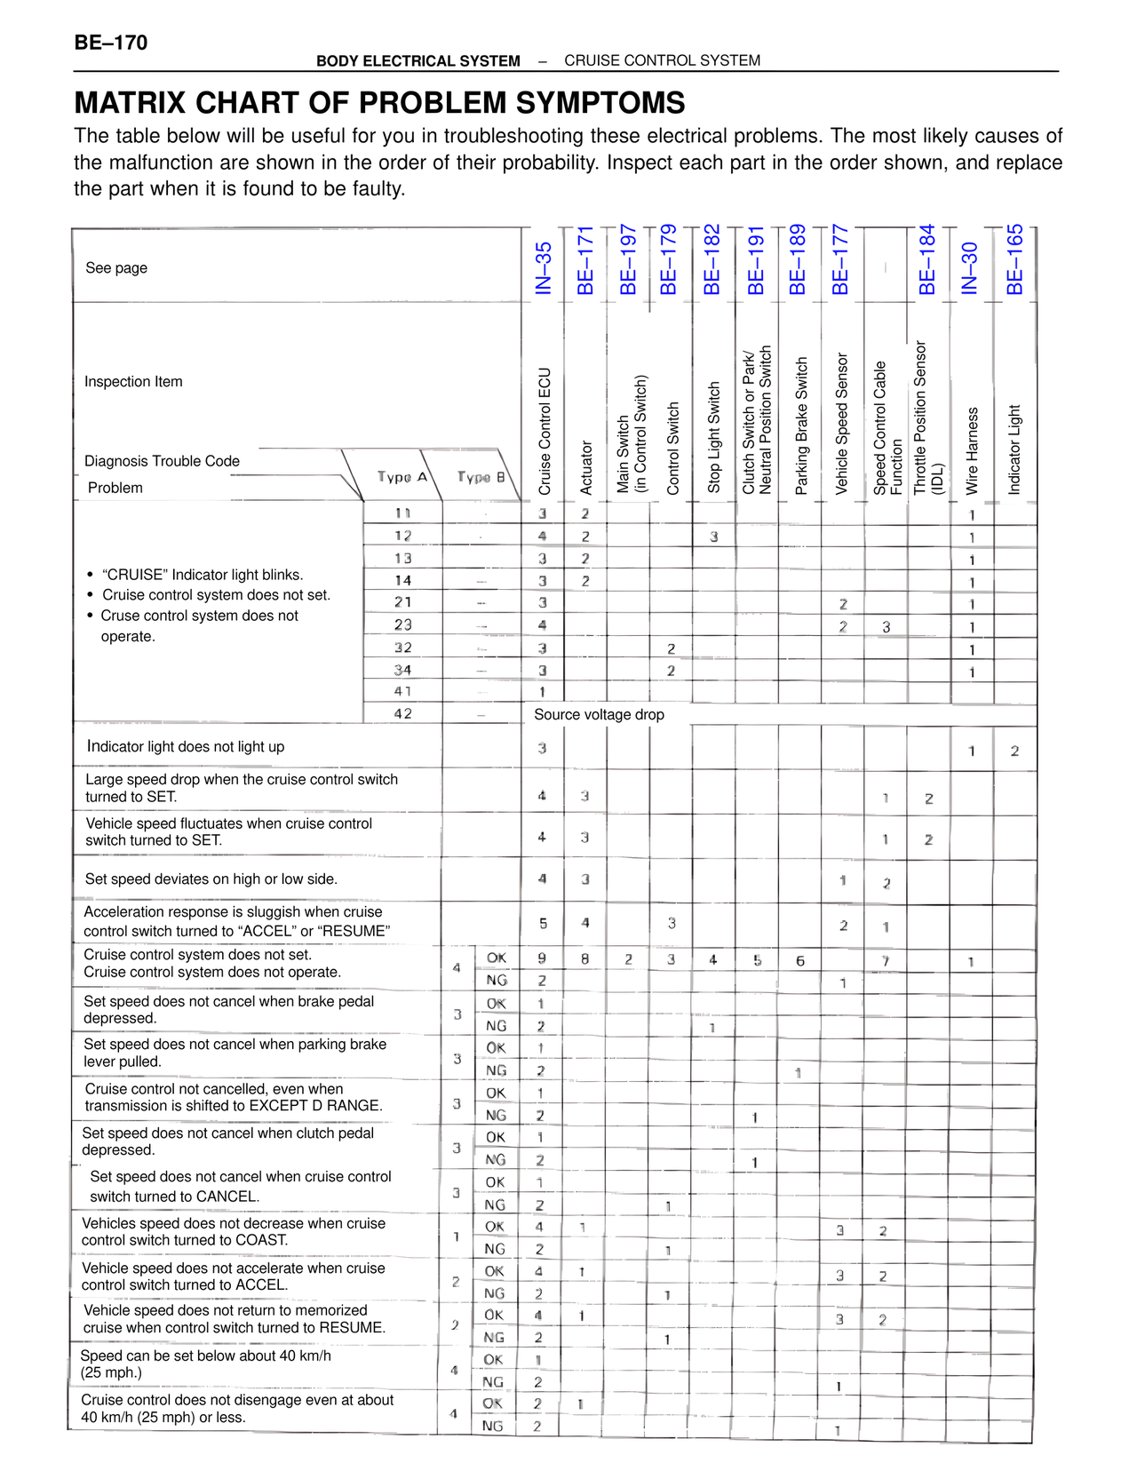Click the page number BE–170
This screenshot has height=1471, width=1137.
pos(111,43)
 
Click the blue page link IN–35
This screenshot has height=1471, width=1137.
pos(544,267)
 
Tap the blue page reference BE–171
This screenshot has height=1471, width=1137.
pos(585,260)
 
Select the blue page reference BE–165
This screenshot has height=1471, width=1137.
pos(1014,259)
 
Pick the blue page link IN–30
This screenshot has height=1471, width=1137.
pos(970,267)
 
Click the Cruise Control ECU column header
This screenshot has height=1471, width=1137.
pos(545,431)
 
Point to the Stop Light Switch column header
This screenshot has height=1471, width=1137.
pos(714,437)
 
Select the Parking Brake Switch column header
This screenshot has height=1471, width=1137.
pos(801,425)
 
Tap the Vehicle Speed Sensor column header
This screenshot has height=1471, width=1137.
pos(842,423)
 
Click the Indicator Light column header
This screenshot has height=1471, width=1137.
pos(1014,449)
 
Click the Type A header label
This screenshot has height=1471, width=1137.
pos(402,477)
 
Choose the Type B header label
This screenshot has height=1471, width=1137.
pos(481,477)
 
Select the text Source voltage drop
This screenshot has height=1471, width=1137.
pos(599,715)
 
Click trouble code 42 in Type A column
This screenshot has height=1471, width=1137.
pos(403,713)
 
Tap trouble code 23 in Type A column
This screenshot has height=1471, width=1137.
pos(403,624)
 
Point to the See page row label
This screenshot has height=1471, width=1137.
pos(116,268)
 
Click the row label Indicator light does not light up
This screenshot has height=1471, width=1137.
pos(186,747)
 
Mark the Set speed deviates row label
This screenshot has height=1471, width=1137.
pos(211,879)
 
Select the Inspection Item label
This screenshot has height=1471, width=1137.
pos(133,382)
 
